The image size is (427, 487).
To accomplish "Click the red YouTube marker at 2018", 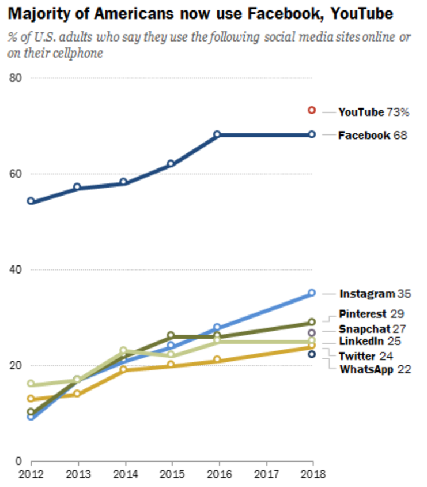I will pos(312,110).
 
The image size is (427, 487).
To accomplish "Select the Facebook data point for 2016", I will pos(217,134).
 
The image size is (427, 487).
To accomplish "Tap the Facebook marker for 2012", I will pos(31,201).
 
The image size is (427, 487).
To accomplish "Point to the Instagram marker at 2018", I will pos(312,293).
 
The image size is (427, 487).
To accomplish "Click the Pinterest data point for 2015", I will pos(171,335).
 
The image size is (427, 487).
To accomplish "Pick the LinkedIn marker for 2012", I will pos(31,384).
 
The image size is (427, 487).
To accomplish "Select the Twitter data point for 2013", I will pos(77,394).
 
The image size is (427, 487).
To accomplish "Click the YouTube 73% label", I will pos(373,112).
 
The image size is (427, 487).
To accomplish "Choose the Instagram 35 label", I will pos(375,294).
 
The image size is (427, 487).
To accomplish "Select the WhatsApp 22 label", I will pos(375,369).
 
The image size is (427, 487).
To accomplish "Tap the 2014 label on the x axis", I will pos(124,475).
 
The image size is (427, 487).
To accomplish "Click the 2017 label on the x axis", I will pos(264,475).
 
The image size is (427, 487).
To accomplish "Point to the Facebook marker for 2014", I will pos(124,182).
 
